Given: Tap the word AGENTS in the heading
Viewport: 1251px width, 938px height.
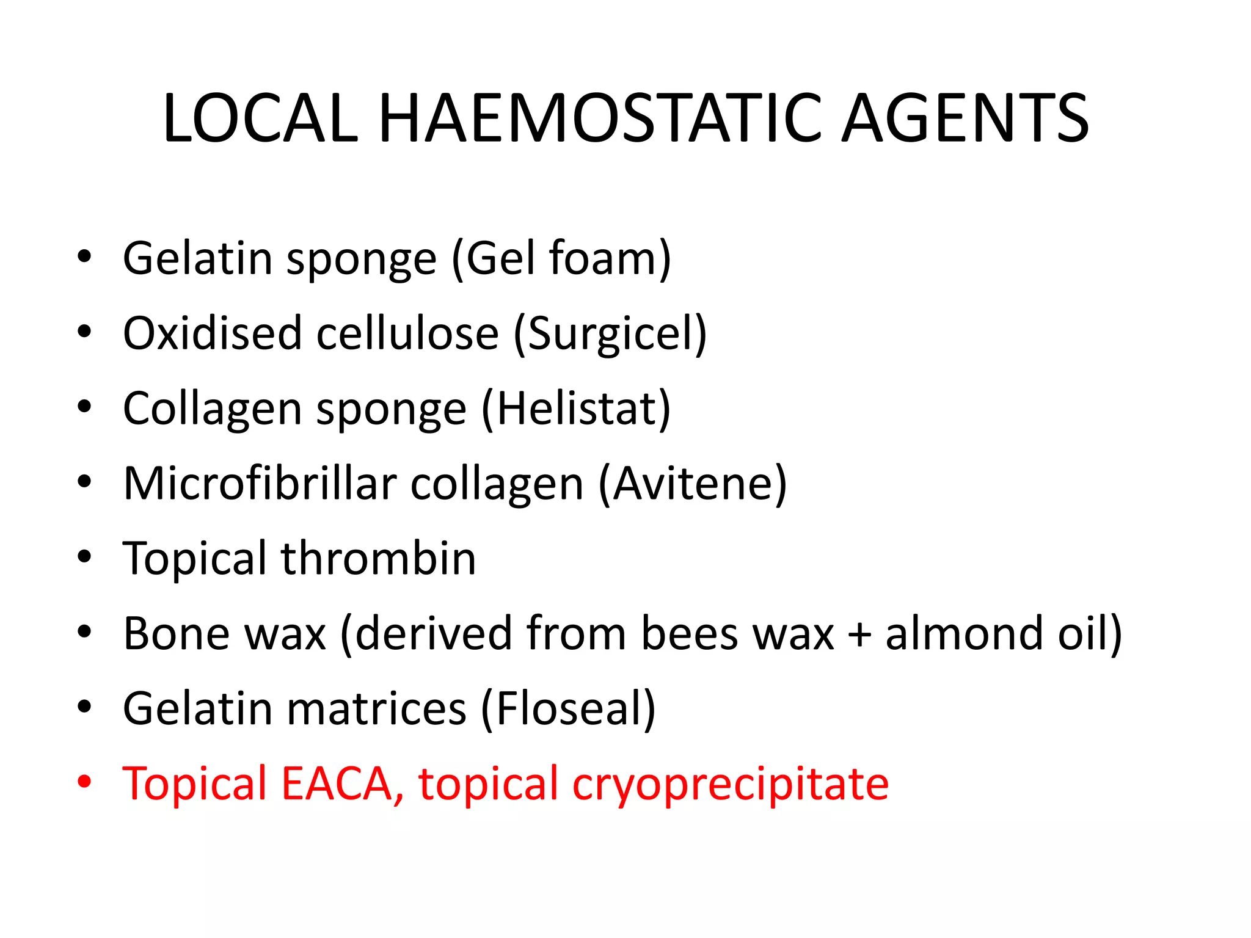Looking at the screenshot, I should (x=965, y=118).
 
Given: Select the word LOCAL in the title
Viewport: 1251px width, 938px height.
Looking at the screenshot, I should (x=260, y=118).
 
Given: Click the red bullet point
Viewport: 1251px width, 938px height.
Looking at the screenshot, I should (x=84, y=781).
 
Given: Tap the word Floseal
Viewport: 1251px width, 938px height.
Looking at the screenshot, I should (x=568, y=709).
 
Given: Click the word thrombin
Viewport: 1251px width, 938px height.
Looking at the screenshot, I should (x=378, y=558).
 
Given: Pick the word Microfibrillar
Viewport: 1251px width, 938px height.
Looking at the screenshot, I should (x=260, y=484).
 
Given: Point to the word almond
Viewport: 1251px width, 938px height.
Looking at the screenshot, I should (x=964, y=634).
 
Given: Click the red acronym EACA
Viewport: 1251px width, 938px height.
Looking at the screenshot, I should (x=336, y=783).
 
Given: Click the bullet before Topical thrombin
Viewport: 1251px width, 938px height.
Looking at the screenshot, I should (x=84, y=556).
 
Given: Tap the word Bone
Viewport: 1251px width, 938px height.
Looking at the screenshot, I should (x=175, y=634).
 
